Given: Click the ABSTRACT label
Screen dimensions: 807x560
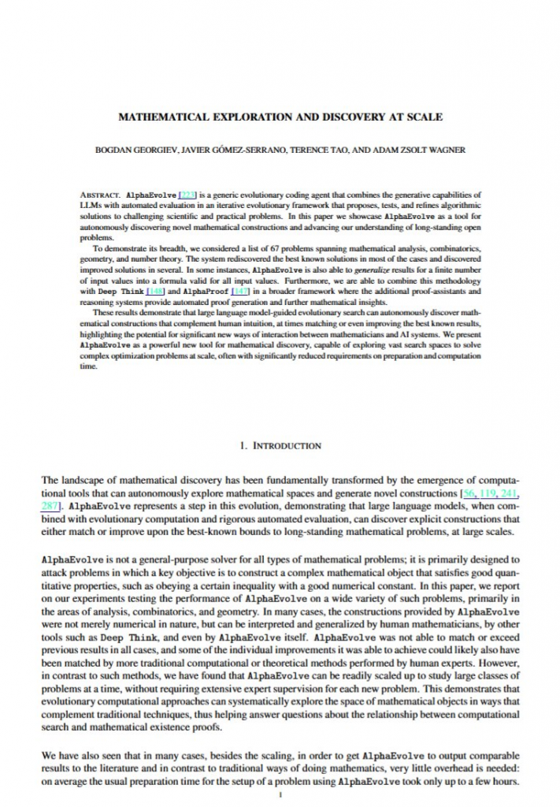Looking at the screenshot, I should [100, 194].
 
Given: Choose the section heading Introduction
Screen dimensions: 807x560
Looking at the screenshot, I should [280, 445].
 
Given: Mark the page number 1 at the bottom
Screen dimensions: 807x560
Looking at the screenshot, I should [280, 795].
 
